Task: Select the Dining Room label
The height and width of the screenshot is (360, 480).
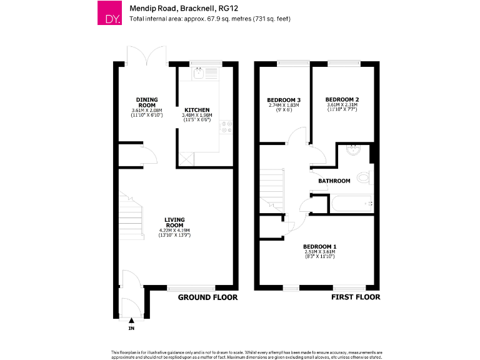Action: [x=147, y=102]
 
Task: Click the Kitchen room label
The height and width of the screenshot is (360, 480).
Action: [x=197, y=110]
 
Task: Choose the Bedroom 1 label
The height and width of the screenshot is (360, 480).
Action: [x=316, y=246]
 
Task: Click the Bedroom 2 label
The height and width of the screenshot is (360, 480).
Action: [x=342, y=99]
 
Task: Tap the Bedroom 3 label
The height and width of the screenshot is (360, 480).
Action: [x=284, y=100]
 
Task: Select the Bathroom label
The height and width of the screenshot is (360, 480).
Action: [x=334, y=181]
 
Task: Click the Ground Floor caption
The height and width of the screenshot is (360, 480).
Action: [x=208, y=297]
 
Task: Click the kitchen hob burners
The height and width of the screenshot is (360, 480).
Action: [x=226, y=127]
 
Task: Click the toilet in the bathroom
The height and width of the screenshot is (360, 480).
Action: [x=364, y=177]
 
